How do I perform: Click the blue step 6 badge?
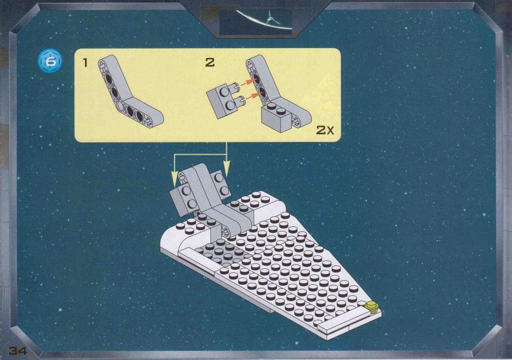pyautogui.click(x=50, y=61)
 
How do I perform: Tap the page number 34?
pyautogui.click(x=18, y=351)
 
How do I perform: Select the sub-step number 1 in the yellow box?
pyautogui.click(x=86, y=62)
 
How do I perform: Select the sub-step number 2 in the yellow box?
pyautogui.click(x=210, y=62)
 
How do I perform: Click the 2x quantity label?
pyautogui.click(x=325, y=131)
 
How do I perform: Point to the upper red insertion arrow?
pyautogui.click(x=249, y=82)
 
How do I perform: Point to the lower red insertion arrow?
pyautogui.click(x=252, y=96)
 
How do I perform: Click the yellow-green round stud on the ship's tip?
pyautogui.click(x=371, y=306)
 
